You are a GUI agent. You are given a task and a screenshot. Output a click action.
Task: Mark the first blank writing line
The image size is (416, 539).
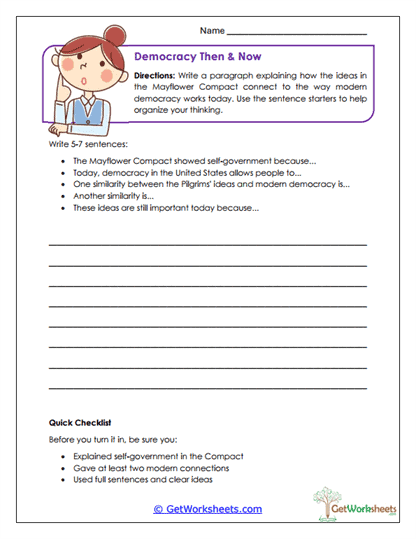207,244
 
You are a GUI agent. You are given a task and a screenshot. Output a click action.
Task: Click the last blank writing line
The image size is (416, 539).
207,386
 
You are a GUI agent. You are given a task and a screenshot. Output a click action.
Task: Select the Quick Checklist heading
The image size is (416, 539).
80,420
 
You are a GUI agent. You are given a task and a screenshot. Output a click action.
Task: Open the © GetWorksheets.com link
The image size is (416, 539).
207,508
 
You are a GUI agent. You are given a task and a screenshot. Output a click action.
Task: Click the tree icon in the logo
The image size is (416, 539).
326,498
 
